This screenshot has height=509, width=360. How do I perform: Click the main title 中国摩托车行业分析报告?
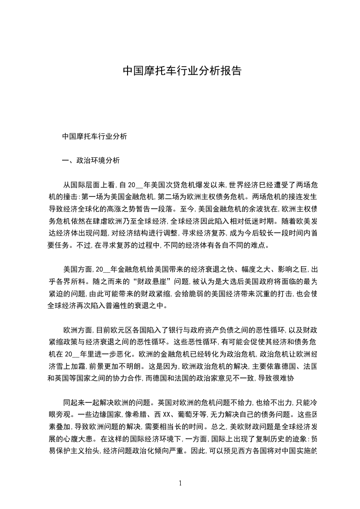pyautogui.click(x=182, y=71)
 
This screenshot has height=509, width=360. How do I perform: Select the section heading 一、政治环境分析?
pyautogui.click(x=91, y=160)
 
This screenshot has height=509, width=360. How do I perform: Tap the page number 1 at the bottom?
pyautogui.click(x=180, y=483)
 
